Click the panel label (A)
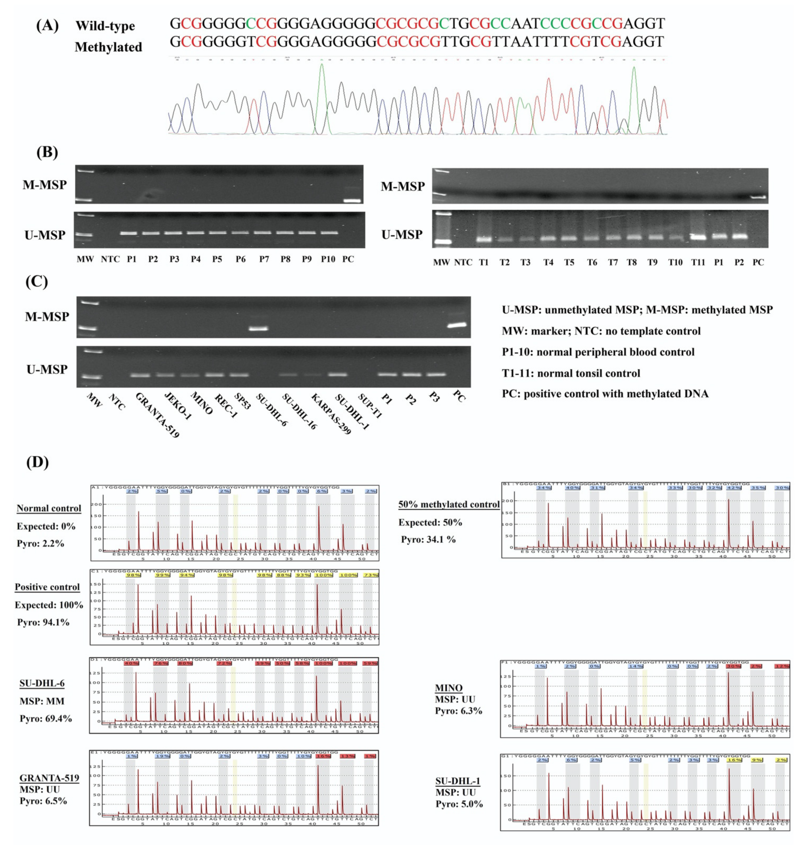click(47, 26)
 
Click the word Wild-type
click(105, 26)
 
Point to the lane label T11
click(698, 262)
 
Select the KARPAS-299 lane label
click(331, 414)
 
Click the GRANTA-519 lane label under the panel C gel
click(157, 415)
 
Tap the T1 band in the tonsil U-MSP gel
click(484, 239)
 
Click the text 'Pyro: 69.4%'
click(46, 718)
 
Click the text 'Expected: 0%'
click(46, 526)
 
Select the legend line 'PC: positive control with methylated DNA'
click(605, 394)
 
